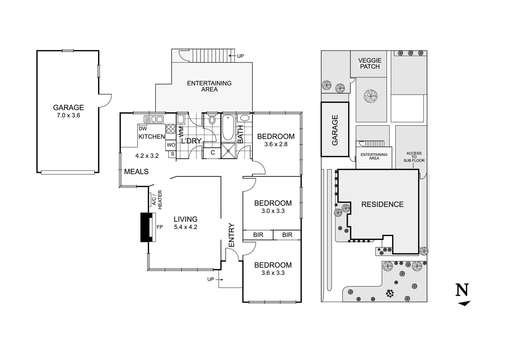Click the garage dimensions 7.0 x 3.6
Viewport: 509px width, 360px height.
tap(68, 116)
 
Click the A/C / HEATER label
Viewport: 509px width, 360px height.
tap(157, 200)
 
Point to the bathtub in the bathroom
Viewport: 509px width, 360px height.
tap(228, 127)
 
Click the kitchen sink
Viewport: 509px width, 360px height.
tap(154, 119)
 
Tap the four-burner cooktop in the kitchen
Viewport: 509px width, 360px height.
tap(171, 129)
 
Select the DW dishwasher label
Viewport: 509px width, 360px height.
tap(143, 129)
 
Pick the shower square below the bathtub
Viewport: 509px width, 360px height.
tap(229, 151)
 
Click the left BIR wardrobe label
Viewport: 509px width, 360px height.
tap(258, 235)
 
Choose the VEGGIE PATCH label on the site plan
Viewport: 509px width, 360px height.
tap(370, 63)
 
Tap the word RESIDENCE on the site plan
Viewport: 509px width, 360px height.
tap(382, 204)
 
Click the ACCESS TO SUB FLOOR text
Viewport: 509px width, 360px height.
tap(414, 157)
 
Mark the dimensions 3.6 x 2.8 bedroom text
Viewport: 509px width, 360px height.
tap(276, 144)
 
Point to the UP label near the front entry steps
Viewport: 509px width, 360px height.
tap(211, 279)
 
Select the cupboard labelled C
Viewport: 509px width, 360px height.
tap(213, 153)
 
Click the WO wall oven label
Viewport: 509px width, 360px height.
tap(171, 145)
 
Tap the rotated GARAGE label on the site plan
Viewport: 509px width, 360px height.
tap(335, 130)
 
